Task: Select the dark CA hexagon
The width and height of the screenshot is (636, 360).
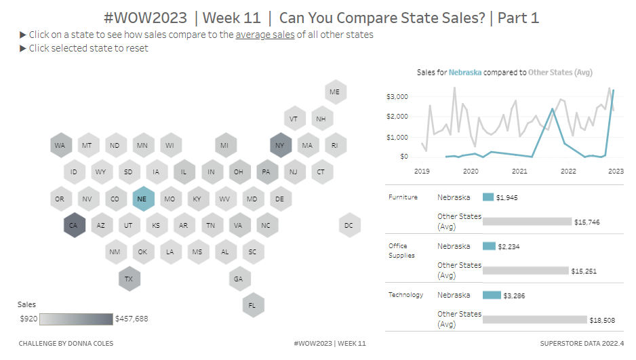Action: pyautogui.click(x=74, y=225)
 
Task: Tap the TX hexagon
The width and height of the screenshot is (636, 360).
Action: pyautogui.click(x=129, y=279)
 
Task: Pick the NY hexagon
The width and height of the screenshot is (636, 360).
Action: pyautogui.click(x=280, y=145)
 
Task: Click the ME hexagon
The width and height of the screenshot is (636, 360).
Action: pyautogui.click(x=334, y=92)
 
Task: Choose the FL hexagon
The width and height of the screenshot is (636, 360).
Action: pyautogui.click(x=252, y=305)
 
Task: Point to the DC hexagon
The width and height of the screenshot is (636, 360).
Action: pyautogui.click(x=349, y=225)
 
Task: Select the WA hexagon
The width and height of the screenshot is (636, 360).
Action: pyautogui.click(x=60, y=145)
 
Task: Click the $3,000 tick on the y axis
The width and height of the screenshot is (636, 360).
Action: pyautogui.click(x=397, y=97)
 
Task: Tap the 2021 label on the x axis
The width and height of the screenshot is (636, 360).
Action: pyautogui.click(x=519, y=172)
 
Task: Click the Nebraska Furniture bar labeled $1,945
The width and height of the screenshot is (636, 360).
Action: pyautogui.click(x=488, y=197)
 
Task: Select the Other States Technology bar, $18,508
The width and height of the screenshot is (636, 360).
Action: pyautogui.click(x=534, y=319)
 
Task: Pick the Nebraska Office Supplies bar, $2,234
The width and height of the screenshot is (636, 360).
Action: pyautogui.click(x=488, y=246)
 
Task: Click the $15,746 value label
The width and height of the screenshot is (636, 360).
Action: pyautogui.click(x=587, y=222)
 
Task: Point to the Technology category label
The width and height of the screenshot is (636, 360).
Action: pyautogui.click(x=405, y=295)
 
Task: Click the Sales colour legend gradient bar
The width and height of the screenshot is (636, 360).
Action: pyautogui.click(x=76, y=319)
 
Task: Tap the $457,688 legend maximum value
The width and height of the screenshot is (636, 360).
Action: pyautogui.click(x=132, y=319)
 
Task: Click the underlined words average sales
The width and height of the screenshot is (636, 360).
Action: pyautogui.click(x=265, y=35)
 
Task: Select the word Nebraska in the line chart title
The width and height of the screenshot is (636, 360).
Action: pyautogui.click(x=465, y=73)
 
